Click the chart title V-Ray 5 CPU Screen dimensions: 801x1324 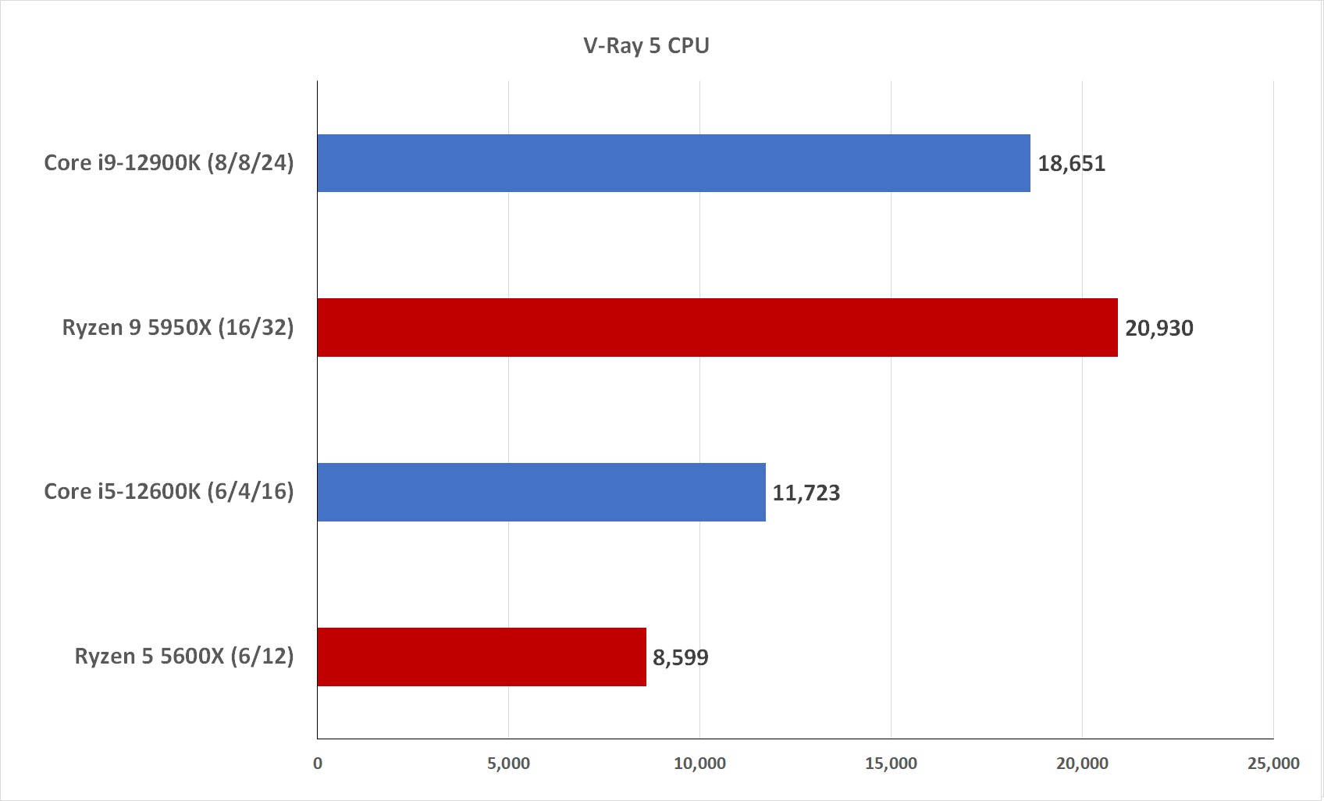pyautogui.click(x=646, y=46)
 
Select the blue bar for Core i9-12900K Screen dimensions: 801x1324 pyautogui.click(x=673, y=163)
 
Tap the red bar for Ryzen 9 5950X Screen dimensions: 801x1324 pyautogui.click(x=717, y=328)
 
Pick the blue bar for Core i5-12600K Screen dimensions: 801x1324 pyautogui.click(x=541, y=492)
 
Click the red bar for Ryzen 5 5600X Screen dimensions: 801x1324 pyautogui.click(x=481, y=657)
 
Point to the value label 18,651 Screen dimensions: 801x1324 pyautogui.click(x=1071, y=164)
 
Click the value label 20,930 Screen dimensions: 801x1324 pyautogui.click(x=1158, y=329)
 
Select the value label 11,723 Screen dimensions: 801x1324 pyautogui.click(x=806, y=493)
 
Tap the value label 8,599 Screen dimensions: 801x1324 pyautogui.click(x=680, y=658)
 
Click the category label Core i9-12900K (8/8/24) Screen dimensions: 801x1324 pyautogui.click(x=169, y=163)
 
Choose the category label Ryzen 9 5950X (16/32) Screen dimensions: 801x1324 pyautogui.click(x=178, y=328)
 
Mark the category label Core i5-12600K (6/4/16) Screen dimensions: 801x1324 pyautogui.click(x=169, y=492)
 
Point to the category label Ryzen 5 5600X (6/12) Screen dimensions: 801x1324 pyautogui.click(x=184, y=657)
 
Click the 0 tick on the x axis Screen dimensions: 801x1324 pyautogui.click(x=318, y=764)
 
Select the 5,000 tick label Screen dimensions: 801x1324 pyautogui.click(x=508, y=764)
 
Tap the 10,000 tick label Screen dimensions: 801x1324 pyautogui.click(x=699, y=764)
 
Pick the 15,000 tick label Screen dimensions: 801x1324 pyautogui.click(x=891, y=764)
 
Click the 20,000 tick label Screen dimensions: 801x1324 pyautogui.click(x=1082, y=764)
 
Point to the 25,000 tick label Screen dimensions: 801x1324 pyautogui.click(x=1273, y=764)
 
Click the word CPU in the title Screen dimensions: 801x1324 pyautogui.click(x=688, y=46)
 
